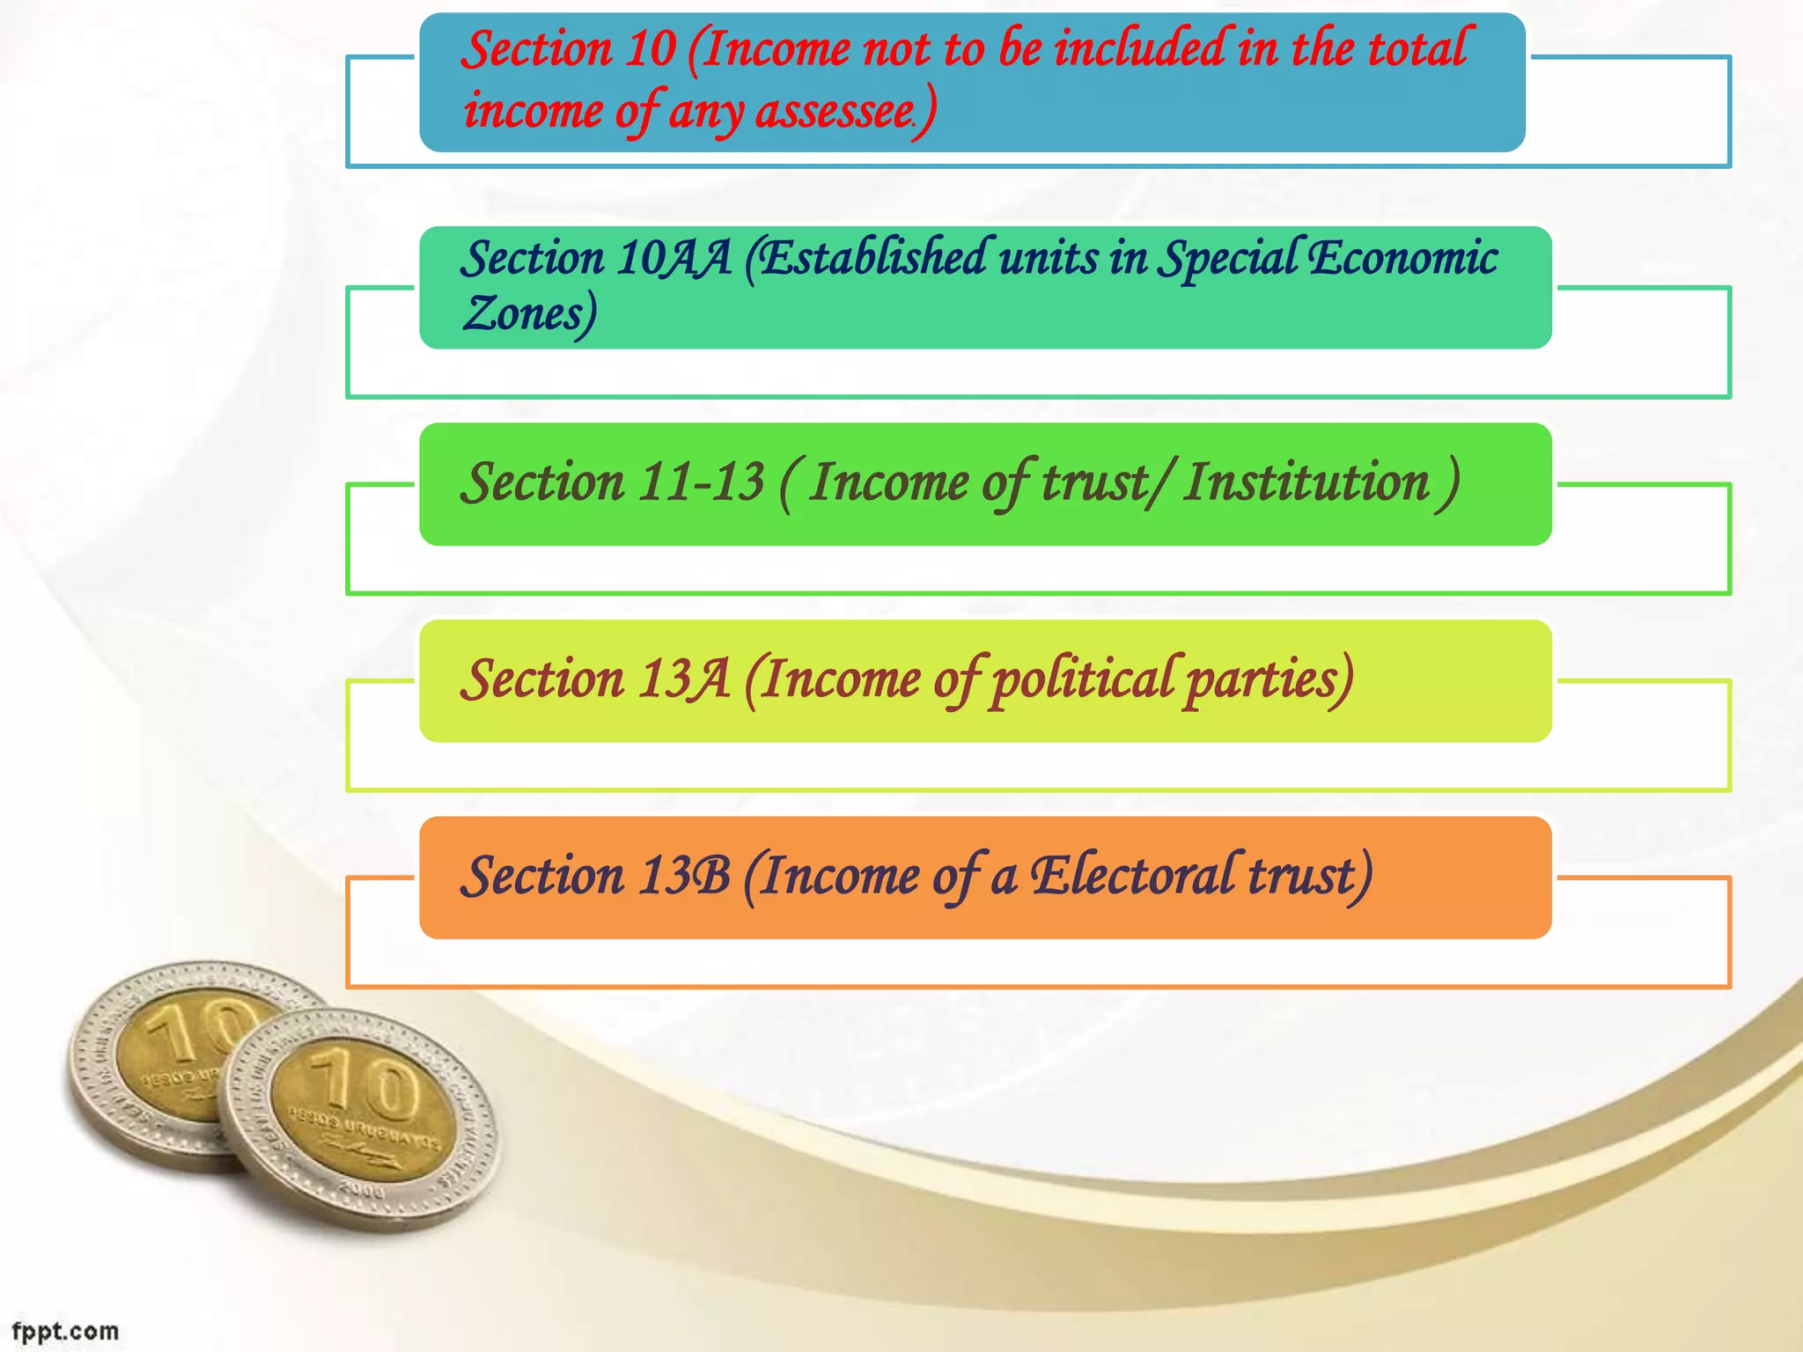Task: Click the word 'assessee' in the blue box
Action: (x=835, y=112)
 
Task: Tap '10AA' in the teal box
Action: (x=674, y=259)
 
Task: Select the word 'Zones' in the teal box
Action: (x=526, y=314)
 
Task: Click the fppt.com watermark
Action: (x=65, y=1331)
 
